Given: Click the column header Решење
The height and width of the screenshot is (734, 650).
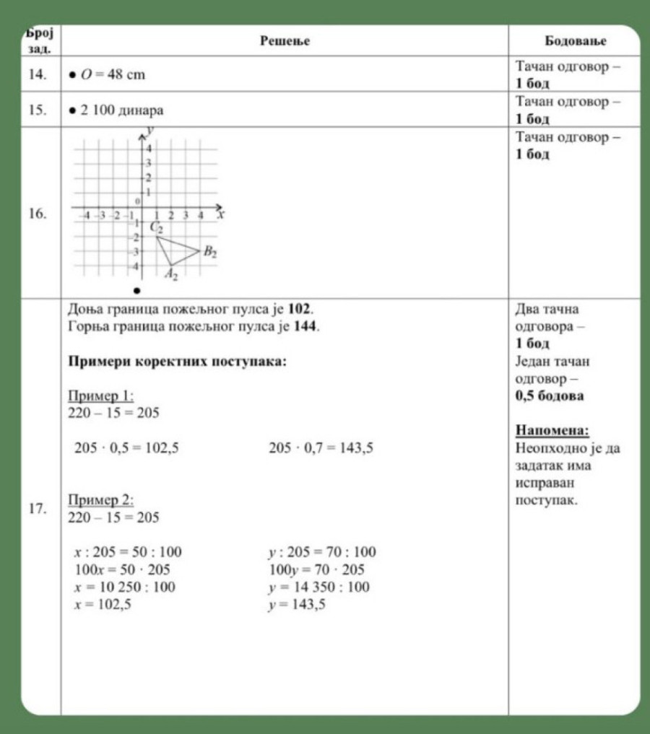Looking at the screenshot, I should pyautogui.click(x=285, y=41).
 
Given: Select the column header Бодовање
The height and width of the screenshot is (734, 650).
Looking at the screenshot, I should pyautogui.click(x=575, y=41).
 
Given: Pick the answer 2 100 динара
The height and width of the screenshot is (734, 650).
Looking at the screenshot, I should pyautogui.click(x=120, y=110).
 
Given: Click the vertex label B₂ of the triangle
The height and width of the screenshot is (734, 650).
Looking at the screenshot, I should pyautogui.click(x=209, y=252).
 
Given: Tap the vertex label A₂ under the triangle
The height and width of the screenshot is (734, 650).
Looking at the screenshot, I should pyautogui.click(x=170, y=274).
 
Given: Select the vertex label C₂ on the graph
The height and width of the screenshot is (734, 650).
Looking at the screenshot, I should pyautogui.click(x=157, y=228).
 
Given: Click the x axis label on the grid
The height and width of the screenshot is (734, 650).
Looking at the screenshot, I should pyautogui.click(x=221, y=214).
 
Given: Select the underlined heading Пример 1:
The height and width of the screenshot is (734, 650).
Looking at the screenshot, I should pyautogui.click(x=100, y=396).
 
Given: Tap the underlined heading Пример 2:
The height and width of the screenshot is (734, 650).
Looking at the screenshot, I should pyautogui.click(x=100, y=499).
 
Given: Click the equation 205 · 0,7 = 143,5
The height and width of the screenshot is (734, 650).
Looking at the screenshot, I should pyautogui.click(x=321, y=448).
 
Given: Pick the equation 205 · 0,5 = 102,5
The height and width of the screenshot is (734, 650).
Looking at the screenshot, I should pyautogui.click(x=127, y=448).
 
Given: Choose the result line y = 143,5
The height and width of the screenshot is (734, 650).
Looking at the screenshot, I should pyautogui.click(x=296, y=605).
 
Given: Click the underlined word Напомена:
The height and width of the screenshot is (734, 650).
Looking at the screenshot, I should pyautogui.click(x=552, y=431).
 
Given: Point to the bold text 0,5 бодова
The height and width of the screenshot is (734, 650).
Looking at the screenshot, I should pyautogui.click(x=550, y=396).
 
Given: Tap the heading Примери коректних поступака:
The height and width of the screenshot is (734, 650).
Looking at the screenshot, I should pyautogui.click(x=177, y=361).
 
